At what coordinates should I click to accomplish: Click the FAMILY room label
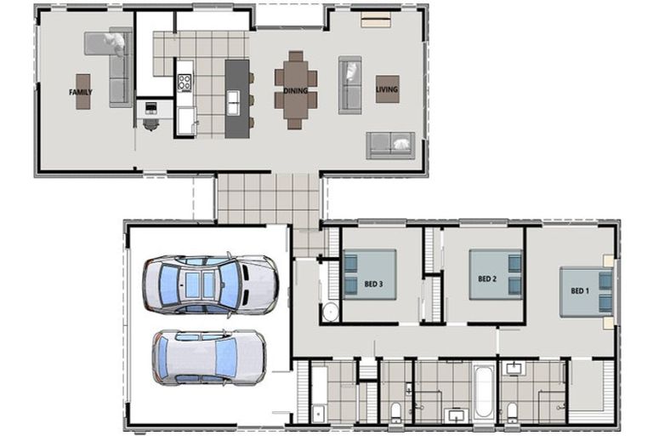tap(82, 92)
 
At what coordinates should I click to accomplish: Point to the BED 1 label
tap(579, 291)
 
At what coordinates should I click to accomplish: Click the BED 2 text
tap(486, 278)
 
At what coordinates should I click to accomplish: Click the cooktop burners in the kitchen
tap(185, 83)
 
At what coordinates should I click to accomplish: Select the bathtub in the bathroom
tap(483, 391)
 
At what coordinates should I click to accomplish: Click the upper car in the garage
tap(208, 284)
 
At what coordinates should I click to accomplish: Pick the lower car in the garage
tap(207, 357)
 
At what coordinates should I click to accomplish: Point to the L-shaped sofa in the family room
tap(116, 64)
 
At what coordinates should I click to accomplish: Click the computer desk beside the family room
tap(151, 110)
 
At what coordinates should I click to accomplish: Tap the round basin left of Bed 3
tap(331, 311)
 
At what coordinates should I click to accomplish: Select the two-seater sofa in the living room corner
tap(390, 145)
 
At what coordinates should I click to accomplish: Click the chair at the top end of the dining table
tap(294, 56)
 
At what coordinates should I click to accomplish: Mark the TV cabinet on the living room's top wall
tap(376, 20)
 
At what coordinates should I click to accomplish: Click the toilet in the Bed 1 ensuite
tap(513, 412)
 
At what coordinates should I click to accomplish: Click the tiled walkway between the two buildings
tap(267, 198)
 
